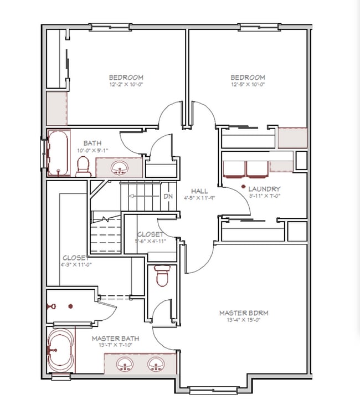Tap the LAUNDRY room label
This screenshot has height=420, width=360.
click(264, 189)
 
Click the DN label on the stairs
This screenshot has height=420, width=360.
click(168, 197)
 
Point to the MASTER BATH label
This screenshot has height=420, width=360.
click(115, 338)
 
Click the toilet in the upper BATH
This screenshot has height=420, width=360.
click(83, 165)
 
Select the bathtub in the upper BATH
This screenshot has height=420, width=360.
click(57, 153)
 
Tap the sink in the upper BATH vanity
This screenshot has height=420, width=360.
click(119, 167)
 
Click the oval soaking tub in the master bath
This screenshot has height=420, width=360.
click(60, 351)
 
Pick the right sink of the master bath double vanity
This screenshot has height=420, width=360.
click(155, 364)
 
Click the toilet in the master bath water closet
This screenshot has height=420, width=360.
click(162, 276)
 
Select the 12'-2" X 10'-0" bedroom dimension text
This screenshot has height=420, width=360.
click(126, 85)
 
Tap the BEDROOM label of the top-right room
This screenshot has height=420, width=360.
click(248, 78)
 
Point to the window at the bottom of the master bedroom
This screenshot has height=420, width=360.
click(213, 390)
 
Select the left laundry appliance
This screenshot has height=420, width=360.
click(233, 168)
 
